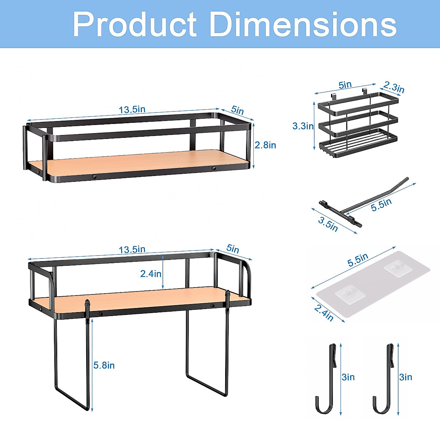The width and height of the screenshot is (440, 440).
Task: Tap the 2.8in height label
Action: (x=265, y=145)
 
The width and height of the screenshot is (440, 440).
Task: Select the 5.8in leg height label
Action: (x=104, y=365)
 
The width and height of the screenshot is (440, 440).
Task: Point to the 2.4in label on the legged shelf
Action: (x=151, y=274)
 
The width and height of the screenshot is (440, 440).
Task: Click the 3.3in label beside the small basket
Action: (x=303, y=126)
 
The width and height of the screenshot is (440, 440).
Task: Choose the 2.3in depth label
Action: (x=394, y=88)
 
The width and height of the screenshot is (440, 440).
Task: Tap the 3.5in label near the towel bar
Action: (x=328, y=224)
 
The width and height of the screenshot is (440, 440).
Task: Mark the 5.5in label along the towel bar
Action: (x=381, y=205)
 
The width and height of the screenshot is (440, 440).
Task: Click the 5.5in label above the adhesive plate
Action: (x=358, y=260)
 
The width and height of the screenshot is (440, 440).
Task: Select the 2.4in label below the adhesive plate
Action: (x=324, y=312)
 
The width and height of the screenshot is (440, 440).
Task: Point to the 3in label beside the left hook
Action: (x=348, y=377)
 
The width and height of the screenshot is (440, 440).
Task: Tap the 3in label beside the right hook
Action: (x=406, y=377)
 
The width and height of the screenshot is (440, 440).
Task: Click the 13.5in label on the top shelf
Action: (x=132, y=110)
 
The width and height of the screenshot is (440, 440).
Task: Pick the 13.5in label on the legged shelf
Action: (x=132, y=250)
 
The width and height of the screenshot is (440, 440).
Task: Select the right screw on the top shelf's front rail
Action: (x=214, y=168)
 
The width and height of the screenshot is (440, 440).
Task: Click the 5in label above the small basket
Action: (x=345, y=85)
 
